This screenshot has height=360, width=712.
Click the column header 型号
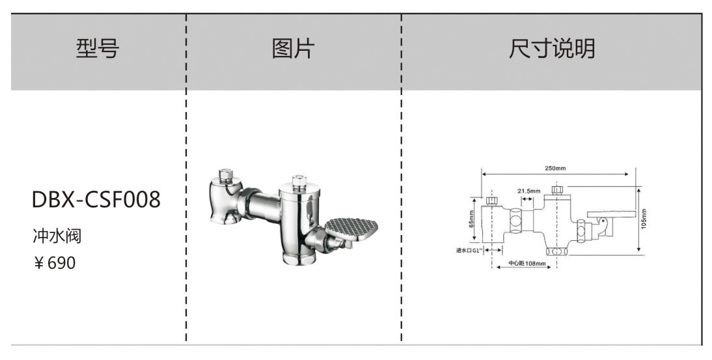[98, 49]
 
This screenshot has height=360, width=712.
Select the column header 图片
[293, 49]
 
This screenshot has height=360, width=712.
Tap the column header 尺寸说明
[552, 49]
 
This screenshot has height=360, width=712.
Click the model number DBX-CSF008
[96, 201]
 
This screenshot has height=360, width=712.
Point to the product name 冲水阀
[57, 235]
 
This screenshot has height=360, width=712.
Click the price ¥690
[55, 263]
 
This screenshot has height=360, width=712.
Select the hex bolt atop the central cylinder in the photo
[299, 180]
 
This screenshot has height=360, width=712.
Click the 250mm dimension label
[555, 168]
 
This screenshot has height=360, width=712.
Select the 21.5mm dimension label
[529, 191]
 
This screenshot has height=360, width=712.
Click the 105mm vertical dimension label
[644, 219]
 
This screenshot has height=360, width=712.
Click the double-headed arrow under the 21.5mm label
[529, 197]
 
